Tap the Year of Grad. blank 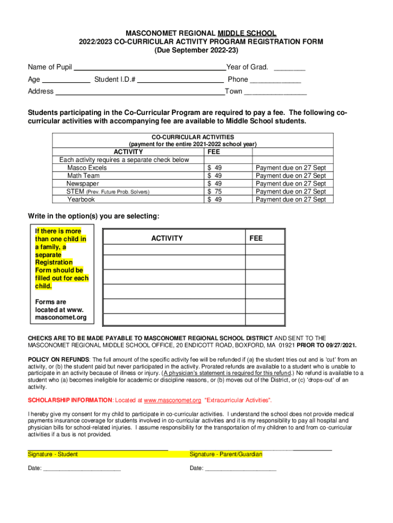pyautogui.click(x=289, y=68)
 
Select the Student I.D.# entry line pyautogui.click(x=181, y=80)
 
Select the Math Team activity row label pyautogui.click(x=84, y=176)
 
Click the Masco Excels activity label pyautogui.click(x=87, y=168)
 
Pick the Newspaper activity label pyautogui.click(x=83, y=183)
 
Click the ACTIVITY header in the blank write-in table pyautogui.click(x=167, y=239)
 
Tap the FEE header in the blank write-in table pyautogui.click(x=256, y=239)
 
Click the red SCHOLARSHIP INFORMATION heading pyautogui.click(x=70, y=400)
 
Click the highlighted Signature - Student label pyautogui.click(x=53, y=454)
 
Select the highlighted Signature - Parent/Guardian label pyautogui.click(x=226, y=454)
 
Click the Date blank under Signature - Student pyautogui.click(x=82, y=468)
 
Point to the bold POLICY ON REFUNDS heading pyautogui.click(x=58, y=359)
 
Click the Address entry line pyautogui.click(x=139, y=92)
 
